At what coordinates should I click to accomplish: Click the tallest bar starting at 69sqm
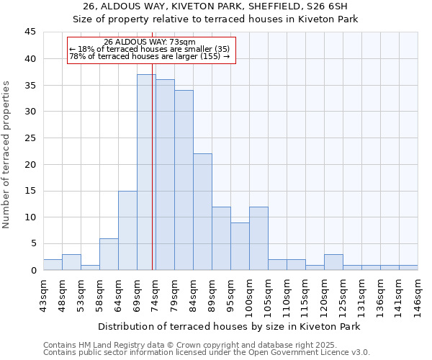coord(146,172)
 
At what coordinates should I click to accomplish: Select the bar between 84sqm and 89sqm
coord(202,212)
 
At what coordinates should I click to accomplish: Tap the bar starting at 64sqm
coord(127,230)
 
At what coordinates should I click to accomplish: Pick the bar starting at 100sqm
coord(258,238)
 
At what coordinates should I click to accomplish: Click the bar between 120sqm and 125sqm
coord(333,262)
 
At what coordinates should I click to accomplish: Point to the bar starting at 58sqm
coord(109,254)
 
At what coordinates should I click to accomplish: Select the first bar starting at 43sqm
coord(53,264)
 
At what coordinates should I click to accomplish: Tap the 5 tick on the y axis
coord(33,243)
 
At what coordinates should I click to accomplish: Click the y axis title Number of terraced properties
coord(7,155)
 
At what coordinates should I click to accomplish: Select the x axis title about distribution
coord(228,326)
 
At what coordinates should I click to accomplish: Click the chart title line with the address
coord(216,6)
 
